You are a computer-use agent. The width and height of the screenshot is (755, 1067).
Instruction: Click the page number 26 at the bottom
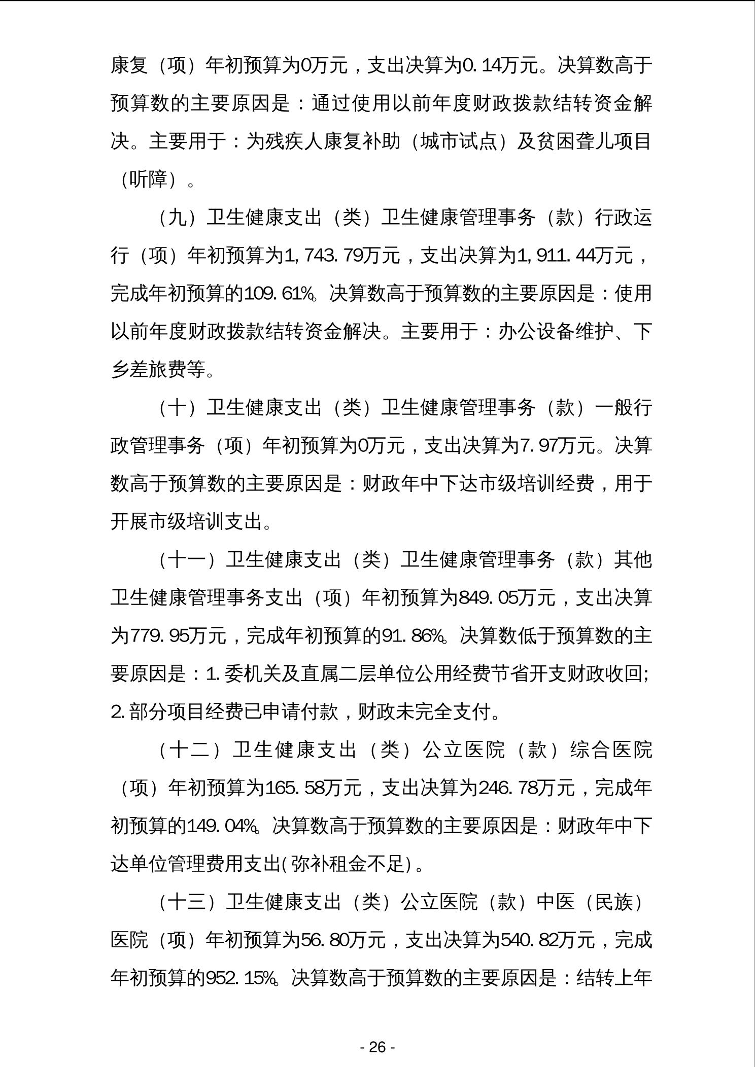click(377, 1047)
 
